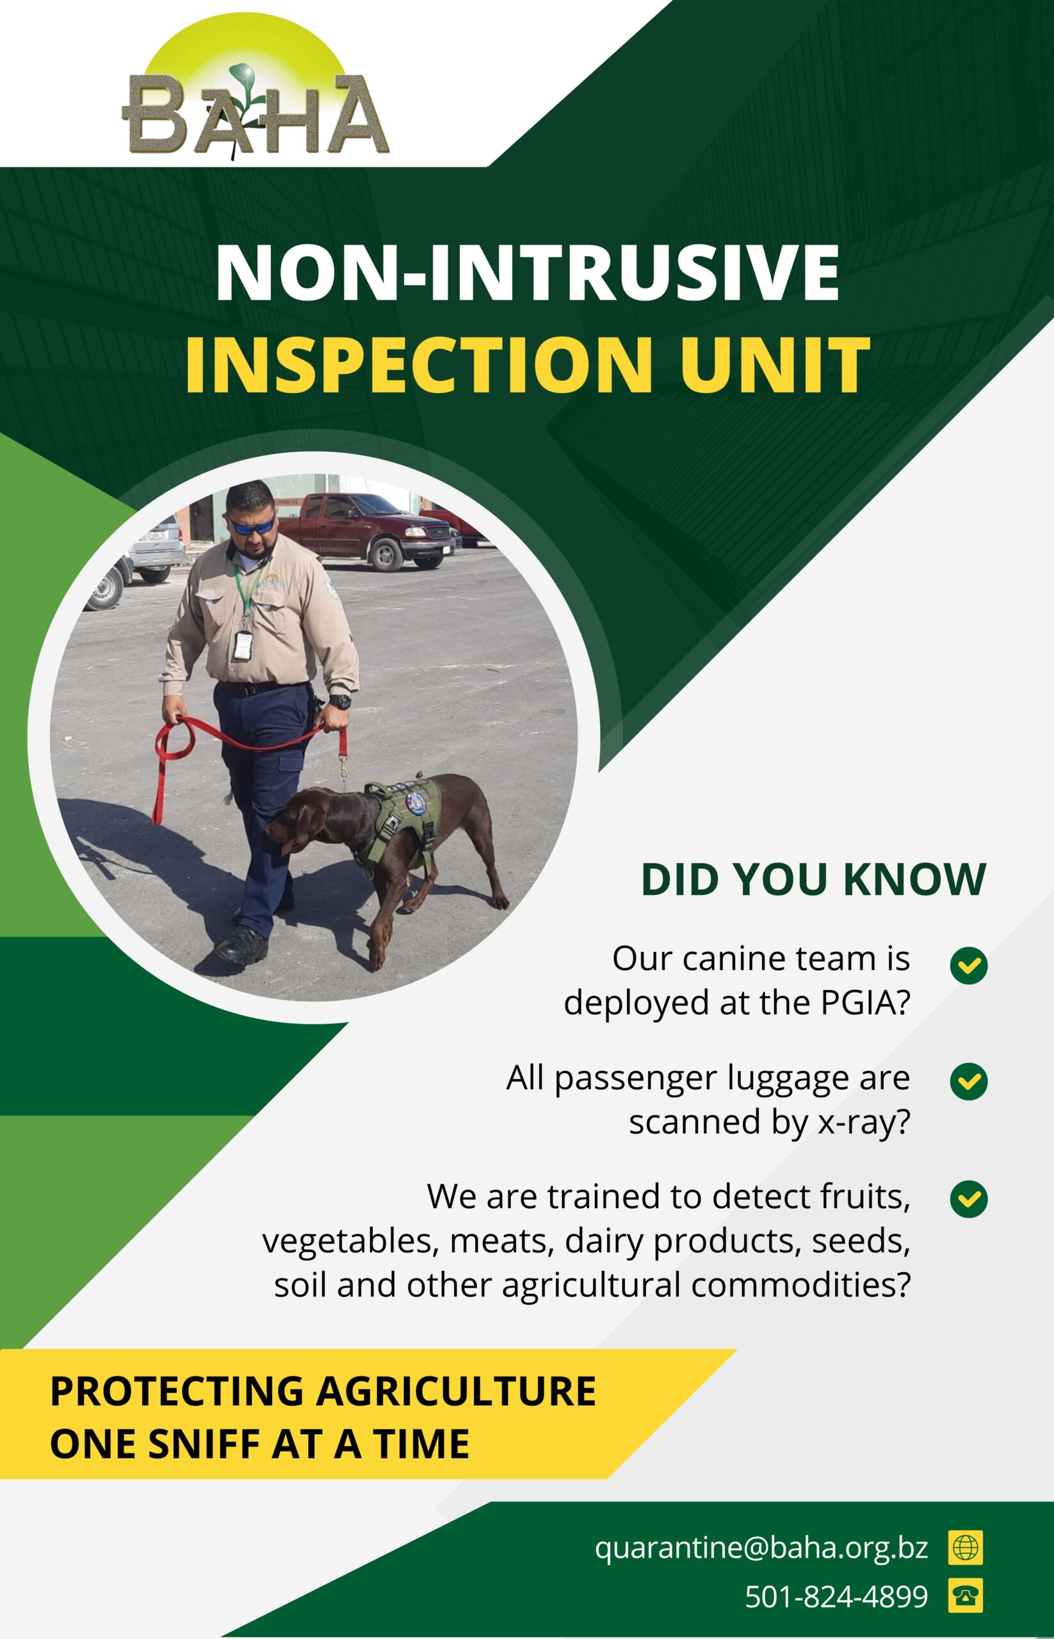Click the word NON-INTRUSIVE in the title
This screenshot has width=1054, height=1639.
[x=527, y=272]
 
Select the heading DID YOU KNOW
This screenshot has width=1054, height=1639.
[x=813, y=880]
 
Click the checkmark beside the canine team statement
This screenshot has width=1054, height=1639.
[x=968, y=965]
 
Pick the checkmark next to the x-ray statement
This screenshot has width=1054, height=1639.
[x=968, y=1081]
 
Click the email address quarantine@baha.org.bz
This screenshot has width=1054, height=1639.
[x=761, y=1547]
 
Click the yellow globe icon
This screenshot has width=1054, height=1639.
[x=965, y=1547]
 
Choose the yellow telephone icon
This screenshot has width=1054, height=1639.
[x=965, y=1596]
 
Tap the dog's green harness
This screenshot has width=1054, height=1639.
[x=404, y=825]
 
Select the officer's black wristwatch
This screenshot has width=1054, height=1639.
[x=339, y=702]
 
